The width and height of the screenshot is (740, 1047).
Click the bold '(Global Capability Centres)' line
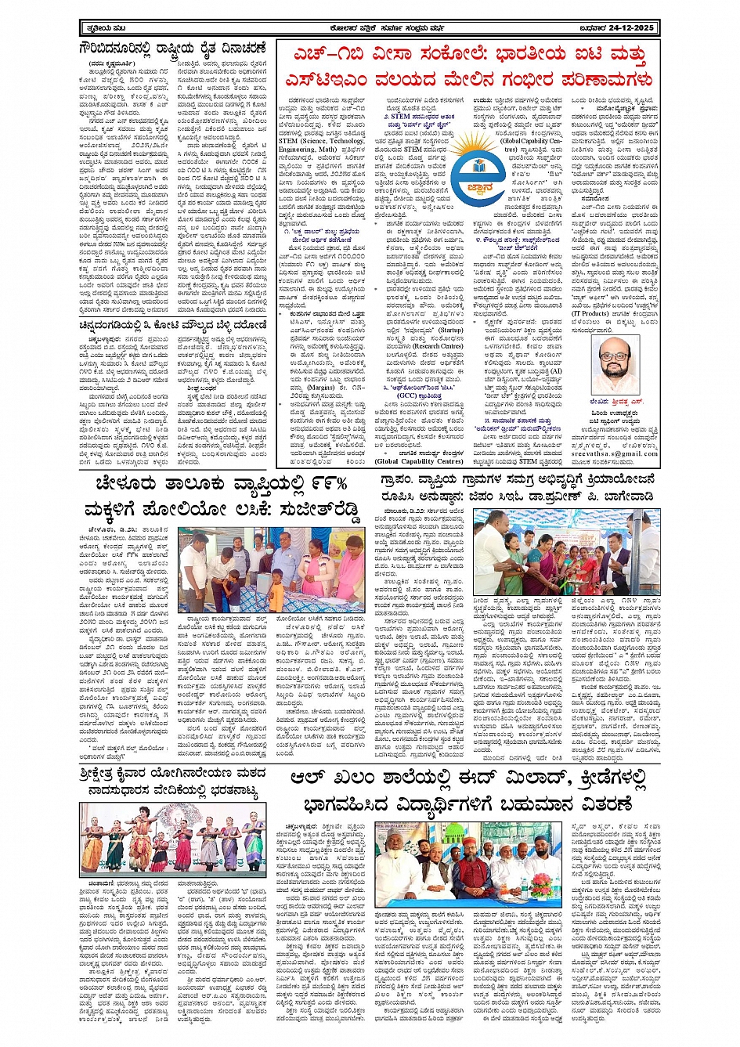tap(420, 461)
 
